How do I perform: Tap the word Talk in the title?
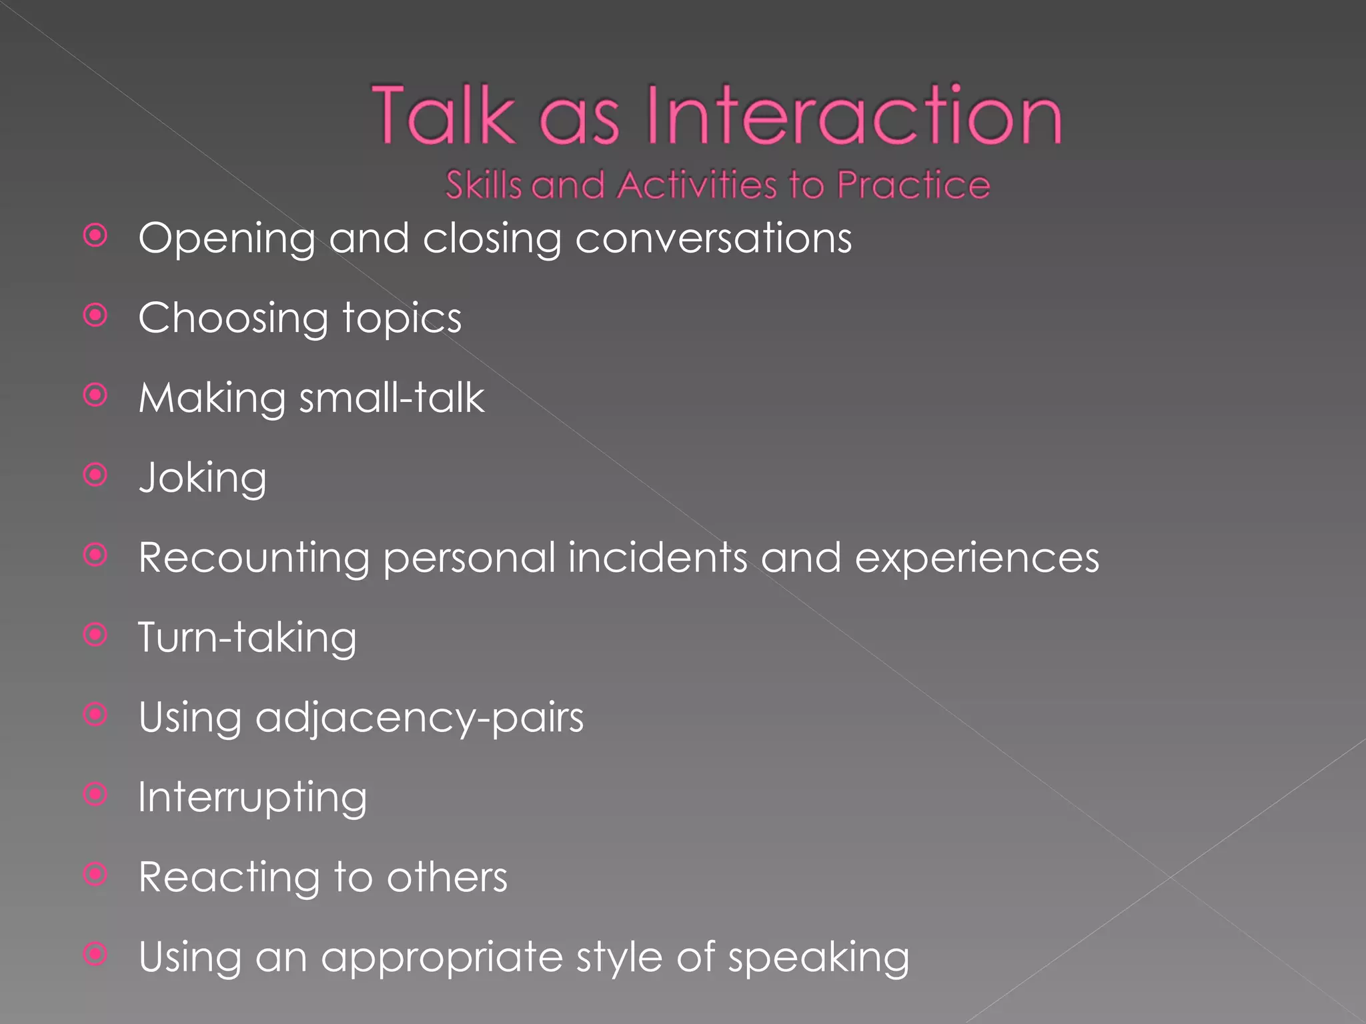444,115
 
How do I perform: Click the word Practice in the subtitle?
913,185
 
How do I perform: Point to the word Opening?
227,239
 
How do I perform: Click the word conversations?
713,238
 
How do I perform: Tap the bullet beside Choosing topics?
96,315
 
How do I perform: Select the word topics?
402,318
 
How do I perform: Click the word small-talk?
392,398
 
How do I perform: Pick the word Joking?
203,479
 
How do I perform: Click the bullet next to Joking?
96,475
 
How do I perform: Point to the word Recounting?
253,558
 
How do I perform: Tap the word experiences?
976,559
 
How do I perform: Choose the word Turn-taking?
247,638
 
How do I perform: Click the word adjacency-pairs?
420,719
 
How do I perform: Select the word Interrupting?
252,798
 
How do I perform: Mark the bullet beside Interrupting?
96,794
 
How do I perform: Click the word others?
447,877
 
